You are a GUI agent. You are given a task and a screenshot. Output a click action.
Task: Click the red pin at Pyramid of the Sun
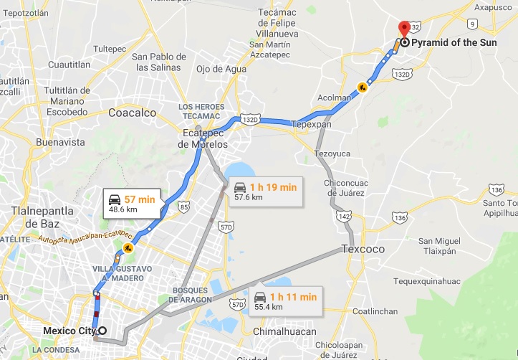[404, 29]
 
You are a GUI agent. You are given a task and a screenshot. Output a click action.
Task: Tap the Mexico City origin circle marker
[102, 331]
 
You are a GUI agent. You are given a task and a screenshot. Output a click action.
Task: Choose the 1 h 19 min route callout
[264, 191]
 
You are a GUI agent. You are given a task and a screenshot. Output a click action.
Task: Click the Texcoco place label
[363, 250]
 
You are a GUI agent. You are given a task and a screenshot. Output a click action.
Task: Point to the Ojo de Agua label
[221, 69]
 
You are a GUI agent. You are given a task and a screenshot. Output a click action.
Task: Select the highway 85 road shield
[184, 209]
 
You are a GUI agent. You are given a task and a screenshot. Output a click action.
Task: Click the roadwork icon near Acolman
[363, 88]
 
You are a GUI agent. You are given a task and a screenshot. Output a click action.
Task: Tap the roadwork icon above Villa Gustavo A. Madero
[128, 248]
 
